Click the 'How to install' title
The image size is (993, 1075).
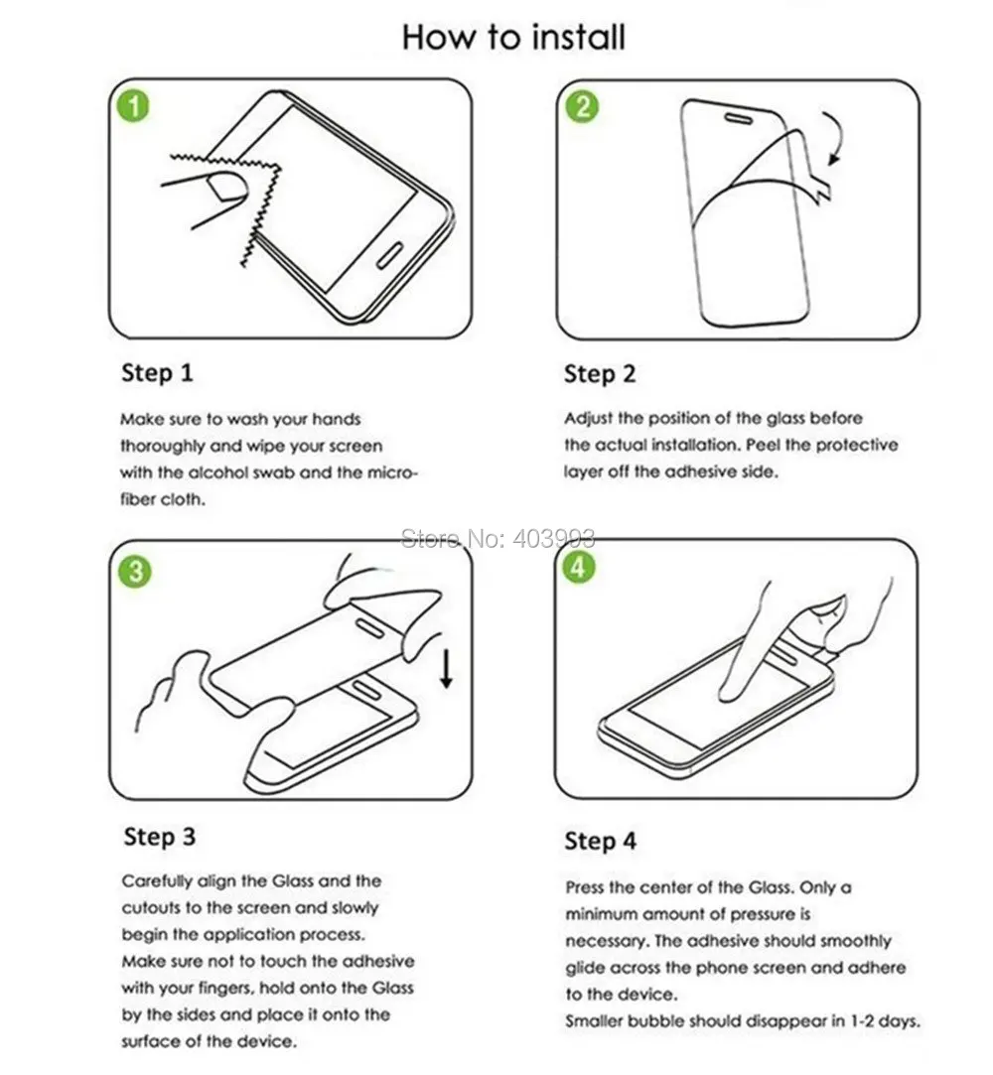[x=513, y=37]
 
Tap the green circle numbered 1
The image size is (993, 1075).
[x=134, y=107]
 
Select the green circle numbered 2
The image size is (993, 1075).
[x=582, y=107]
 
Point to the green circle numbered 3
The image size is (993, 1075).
[x=135, y=571]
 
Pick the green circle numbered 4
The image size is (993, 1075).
[x=578, y=568]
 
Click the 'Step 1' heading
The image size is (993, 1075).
[x=157, y=373]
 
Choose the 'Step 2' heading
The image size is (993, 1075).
[x=600, y=374]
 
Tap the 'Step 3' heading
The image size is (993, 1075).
[x=160, y=837]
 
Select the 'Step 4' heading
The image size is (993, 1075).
[x=601, y=841]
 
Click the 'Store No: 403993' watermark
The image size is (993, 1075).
[x=497, y=539]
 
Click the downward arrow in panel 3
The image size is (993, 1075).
[x=447, y=669]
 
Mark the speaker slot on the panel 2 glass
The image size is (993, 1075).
[x=739, y=118]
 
